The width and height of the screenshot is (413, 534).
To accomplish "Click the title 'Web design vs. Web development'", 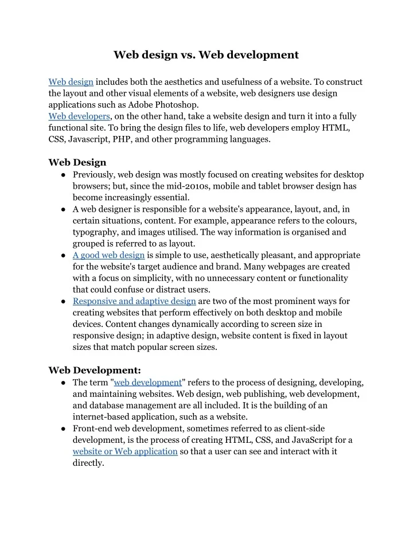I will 206,55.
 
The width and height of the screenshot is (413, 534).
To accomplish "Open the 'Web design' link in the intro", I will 71,82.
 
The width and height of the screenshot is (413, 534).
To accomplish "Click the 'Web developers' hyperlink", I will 79,116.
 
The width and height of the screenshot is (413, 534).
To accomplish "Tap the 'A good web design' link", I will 108,255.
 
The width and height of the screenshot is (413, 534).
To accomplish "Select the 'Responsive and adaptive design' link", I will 134,301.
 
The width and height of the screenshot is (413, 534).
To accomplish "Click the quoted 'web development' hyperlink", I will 148,383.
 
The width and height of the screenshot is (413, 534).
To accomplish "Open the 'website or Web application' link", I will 125,451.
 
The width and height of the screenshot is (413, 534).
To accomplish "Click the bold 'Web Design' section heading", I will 77,162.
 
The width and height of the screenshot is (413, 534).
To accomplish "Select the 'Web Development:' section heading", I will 95,370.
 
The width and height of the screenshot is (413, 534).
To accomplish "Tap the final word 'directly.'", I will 88,463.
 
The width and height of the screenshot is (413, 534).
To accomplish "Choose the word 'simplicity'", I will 147,278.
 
